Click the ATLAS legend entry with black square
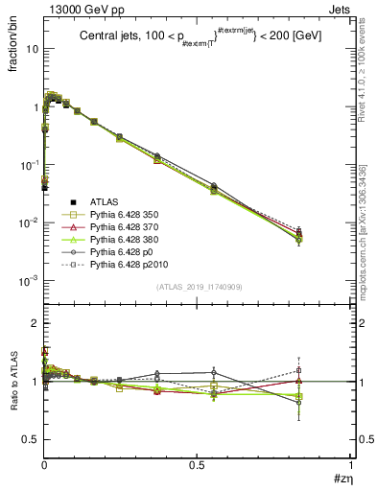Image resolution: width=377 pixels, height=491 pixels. click(x=91, y=201)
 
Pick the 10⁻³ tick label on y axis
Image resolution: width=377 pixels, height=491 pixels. click(x=29, y=281)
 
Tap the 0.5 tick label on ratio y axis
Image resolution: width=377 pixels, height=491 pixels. click(x=31, y=439)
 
